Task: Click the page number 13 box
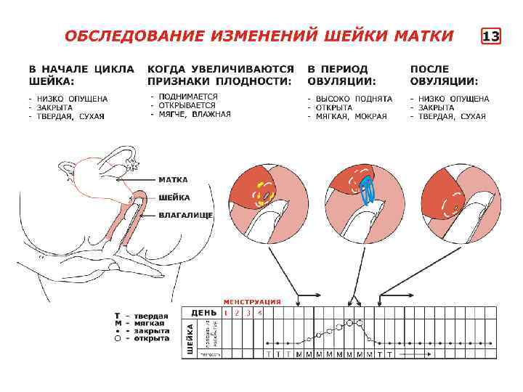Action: click(491, 36)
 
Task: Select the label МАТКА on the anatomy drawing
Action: click(174, 179)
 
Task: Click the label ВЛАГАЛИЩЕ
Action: click(185, 215)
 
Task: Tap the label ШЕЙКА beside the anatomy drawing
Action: click(174, 197)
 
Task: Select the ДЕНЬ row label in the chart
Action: click(203, 313)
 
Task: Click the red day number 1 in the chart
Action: click(226, 313)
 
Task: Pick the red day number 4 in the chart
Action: click(260, 313)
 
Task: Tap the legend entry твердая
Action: click(150, 316)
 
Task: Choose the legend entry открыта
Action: click(151, 338)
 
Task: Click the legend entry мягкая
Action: click(150, 323)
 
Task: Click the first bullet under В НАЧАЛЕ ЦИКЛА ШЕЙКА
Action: click(69, 99)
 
